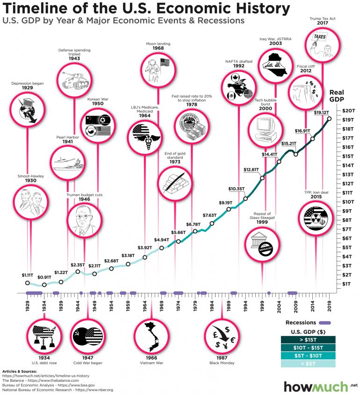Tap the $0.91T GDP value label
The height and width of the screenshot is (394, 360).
click(45, 277)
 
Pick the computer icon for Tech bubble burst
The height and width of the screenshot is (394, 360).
click(265, 127)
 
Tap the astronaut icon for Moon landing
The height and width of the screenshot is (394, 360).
click(158, 65)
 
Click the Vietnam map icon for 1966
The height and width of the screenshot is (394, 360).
click(151, 336)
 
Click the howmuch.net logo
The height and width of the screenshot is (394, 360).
click(316, 387)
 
